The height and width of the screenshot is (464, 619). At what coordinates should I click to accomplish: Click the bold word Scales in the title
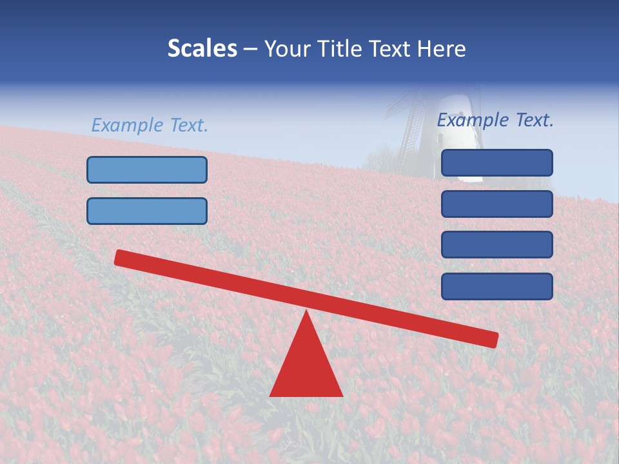click(x=202, y=49)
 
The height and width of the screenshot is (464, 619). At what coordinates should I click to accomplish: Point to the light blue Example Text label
click(x=150, y=125)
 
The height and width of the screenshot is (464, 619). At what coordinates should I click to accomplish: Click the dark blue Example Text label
click(x=495, y=120)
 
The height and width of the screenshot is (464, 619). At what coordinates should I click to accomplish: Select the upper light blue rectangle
click(x=147, y=169)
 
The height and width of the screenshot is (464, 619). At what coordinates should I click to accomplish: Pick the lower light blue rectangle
click(x=147, y=211)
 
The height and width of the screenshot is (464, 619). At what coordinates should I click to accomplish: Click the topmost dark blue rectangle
click(x=496, y=162)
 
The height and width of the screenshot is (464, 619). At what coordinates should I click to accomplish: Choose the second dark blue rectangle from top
click(x=496, y=204)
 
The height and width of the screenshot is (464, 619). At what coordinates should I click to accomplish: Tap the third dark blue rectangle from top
click(x=496, y=244)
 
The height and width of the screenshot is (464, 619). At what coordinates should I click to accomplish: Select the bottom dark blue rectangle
click(x=496, y=286)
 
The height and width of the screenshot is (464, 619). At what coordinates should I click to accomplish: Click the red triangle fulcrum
click(x=306, y=367)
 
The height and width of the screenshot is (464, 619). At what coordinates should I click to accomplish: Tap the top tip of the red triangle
click(x=306, y=313)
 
